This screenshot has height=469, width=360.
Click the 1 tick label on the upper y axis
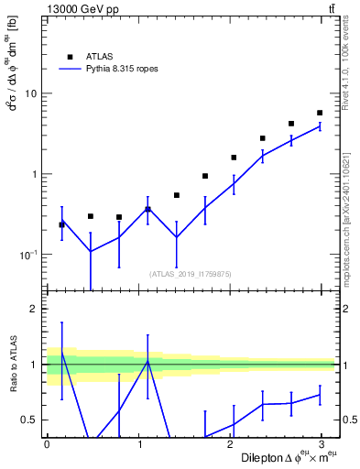34,174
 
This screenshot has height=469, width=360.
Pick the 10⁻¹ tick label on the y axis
28,255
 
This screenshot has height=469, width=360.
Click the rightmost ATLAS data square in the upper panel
320,113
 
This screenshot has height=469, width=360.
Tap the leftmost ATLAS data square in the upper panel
62,224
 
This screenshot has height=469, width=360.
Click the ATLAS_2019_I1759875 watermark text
191,273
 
